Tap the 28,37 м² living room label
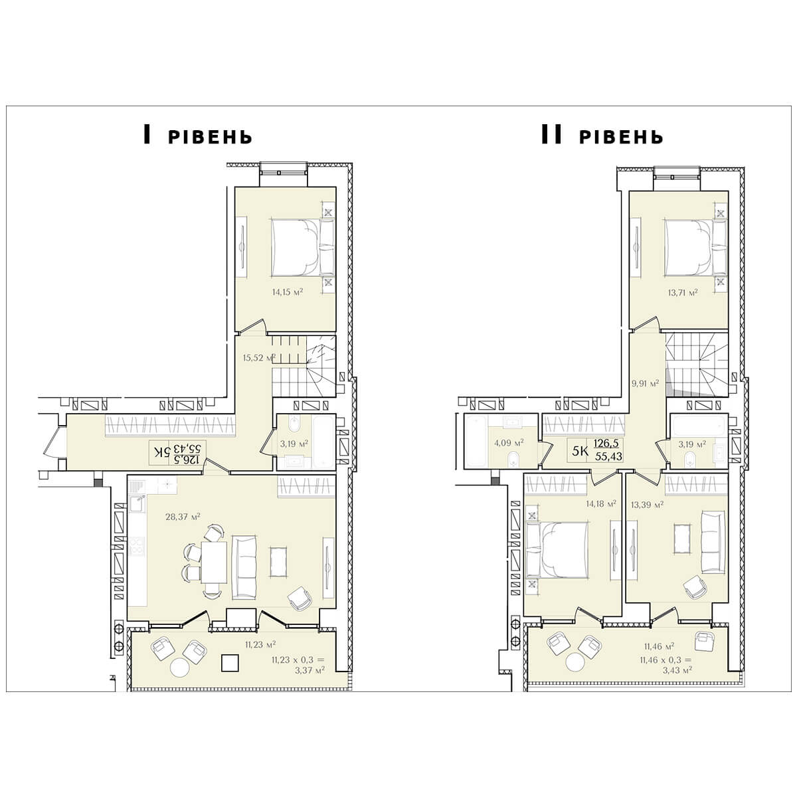click(x=183, y=517)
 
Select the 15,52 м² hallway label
click(x=259, y=358)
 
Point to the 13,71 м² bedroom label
click(x=683, y=292)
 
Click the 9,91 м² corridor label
click(x=646, y=383)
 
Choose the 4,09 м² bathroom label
click(x=509, y=443)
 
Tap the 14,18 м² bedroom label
click(x=601, y=503)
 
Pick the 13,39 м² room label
click(x=648, y=505)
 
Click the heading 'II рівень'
click(x=602, y=135)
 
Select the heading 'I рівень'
click(x=198, y=135)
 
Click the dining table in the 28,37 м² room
click(x=214, y=562)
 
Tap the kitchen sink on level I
click(x=137, y=503)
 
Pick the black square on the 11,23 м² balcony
click(x=230, y=663)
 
